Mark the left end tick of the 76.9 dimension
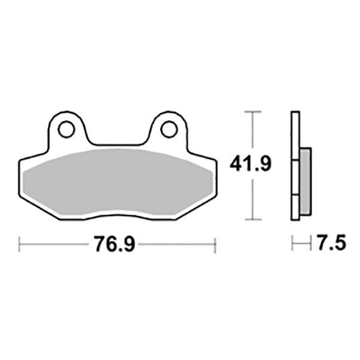[20, 244]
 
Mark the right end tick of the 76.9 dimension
[214, 244]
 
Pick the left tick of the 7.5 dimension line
[292, 244]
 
